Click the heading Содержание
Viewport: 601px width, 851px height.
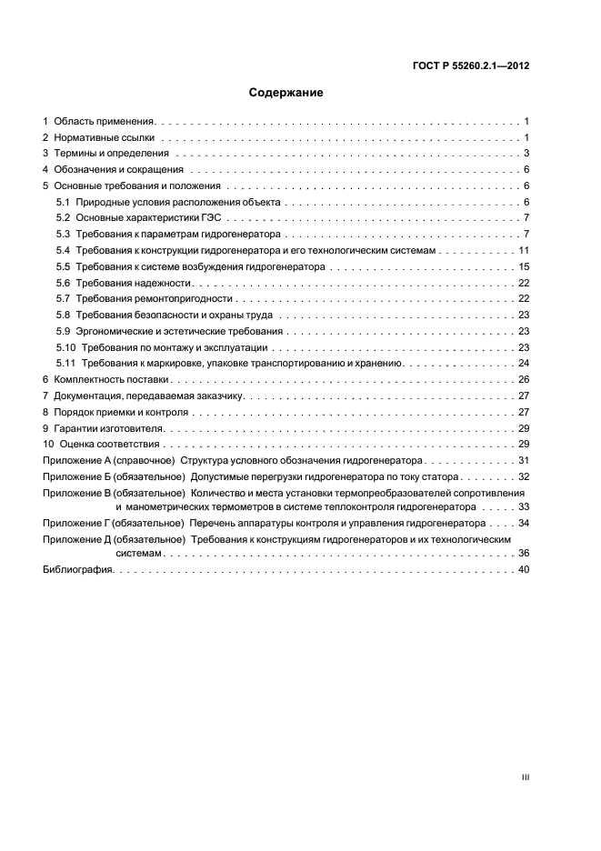pyautogui.click(x=285, y=92)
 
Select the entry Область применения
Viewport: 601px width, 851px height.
pyautogui.click(x=105, y=121)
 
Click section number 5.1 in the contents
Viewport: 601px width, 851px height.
pyautogui.click(x=63, y=202)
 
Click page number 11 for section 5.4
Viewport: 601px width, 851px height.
pyautogui.click(x=524, y=250)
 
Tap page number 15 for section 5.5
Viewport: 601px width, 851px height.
pyautogui.click(x=524, y=266)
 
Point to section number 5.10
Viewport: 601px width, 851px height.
pyautogui.click(x=65, y=347)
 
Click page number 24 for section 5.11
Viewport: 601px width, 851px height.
pyautogui.click(x=524, y=363)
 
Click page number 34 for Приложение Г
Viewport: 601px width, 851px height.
pyautogui.click(x=524, y=523)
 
